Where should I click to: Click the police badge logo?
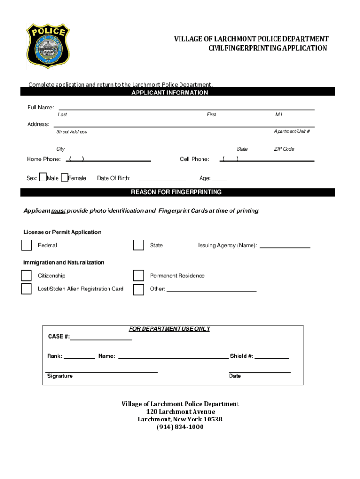(48, 46)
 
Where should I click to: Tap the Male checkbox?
(43, 177)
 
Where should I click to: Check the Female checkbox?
(65, 177)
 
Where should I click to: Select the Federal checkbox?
(26, 245)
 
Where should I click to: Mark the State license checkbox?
(138, 245)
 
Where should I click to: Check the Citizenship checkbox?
(26, 276)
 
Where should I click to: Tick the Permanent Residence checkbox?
(138, 276)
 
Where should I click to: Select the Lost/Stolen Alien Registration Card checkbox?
(26, 289)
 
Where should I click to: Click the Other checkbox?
(138, 290)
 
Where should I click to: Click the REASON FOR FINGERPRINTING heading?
(176, 192)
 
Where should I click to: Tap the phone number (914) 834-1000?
(180, 427)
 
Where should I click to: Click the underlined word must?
(58, 211)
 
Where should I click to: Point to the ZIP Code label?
(284, 149)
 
